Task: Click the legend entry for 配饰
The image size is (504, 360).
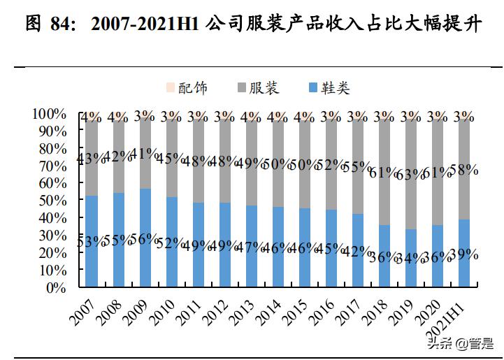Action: (186, 88)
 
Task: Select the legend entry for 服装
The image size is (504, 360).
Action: (257, 88)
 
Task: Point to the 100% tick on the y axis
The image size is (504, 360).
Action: (49, 114)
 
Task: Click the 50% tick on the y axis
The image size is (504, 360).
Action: (52, 201)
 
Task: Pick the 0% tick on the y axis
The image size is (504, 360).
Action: (55, 287)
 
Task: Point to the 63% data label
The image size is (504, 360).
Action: (410, 174)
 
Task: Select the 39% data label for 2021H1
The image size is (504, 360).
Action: (463, 255)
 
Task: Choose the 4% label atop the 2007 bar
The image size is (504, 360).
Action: (91, 117)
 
